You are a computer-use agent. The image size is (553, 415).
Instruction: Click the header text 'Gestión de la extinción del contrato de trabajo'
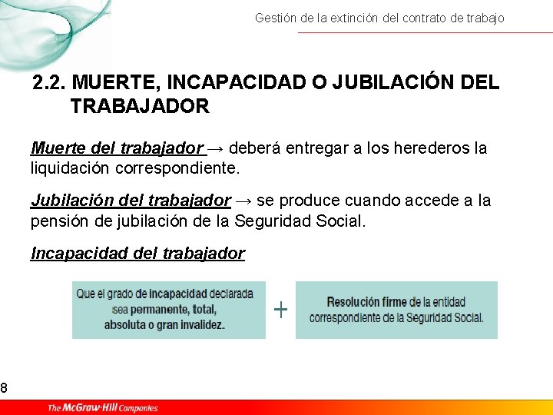379,18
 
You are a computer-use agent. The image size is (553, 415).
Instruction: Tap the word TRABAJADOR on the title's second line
140,106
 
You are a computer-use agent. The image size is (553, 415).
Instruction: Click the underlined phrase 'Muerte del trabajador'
117,148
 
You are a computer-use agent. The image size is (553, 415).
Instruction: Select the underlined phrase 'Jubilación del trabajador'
131,201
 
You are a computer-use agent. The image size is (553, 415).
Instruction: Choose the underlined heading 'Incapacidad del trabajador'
137,253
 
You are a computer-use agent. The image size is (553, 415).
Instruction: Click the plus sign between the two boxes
281,310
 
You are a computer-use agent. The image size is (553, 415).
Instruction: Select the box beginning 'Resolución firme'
396,310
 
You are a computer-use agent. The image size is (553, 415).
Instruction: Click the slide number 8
4,388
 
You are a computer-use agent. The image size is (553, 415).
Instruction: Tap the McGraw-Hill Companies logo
103,407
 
